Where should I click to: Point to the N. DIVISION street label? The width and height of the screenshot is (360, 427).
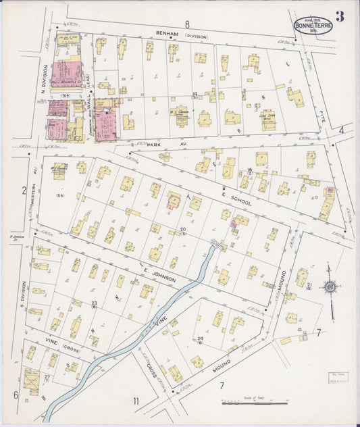(x=45, y=78)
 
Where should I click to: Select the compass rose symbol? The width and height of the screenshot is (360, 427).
(x=330, y=288)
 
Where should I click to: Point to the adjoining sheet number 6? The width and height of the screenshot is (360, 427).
(x=15, y=395)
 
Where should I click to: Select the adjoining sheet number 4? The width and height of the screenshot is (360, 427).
(x=342, y=130)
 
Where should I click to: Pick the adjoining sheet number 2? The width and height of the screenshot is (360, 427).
(x=23, y=191)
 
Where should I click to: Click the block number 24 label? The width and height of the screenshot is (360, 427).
(x=200, y=338)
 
